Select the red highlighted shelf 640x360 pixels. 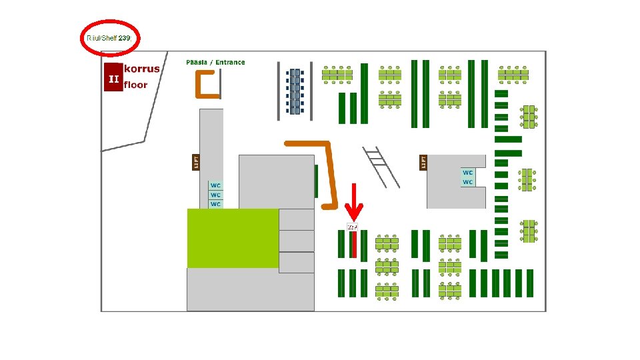[x=354, y=245]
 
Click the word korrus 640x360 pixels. [x=142, y=69]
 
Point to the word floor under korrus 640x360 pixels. [x=136, y=85]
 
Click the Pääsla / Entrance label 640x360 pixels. [x=215, y=63]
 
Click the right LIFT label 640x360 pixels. [x=423, y=162]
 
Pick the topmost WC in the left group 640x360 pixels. [x=215, y=185]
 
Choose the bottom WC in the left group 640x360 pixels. [x=215, y=204]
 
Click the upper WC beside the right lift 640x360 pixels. [x=468, y=173]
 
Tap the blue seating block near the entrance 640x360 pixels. [x=294, y=91]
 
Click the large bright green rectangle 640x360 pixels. [x=233, y=238]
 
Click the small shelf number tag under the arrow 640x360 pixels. [x=353, y=227]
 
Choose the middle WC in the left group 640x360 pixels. [x=215, y=195]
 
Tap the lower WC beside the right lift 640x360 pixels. [x=468, y=182]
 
